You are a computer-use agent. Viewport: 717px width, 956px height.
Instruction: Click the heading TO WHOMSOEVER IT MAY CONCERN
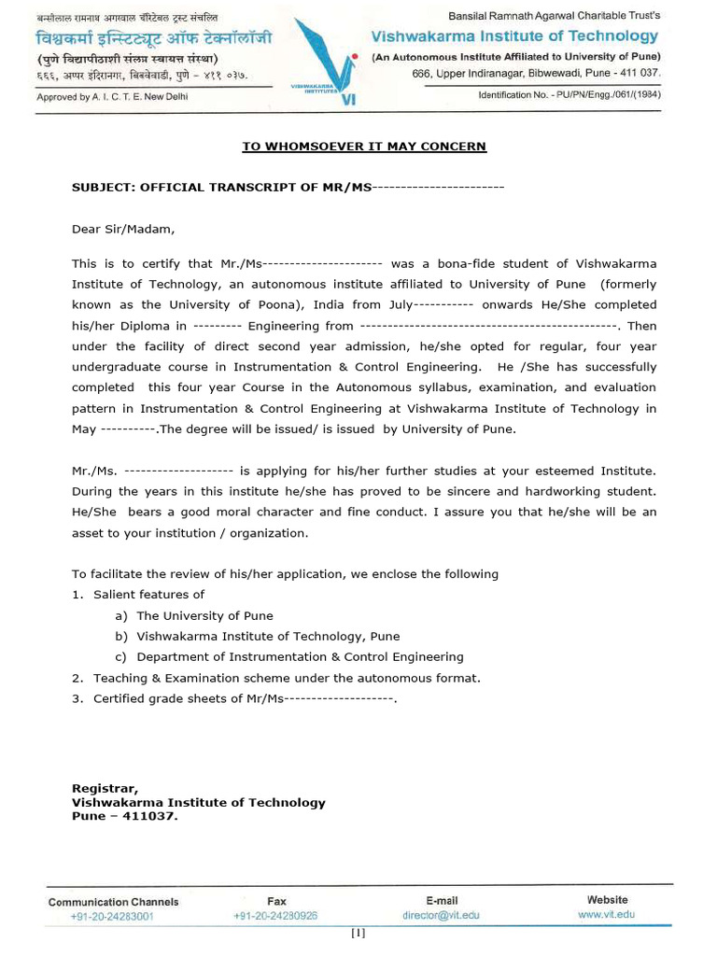(x=364, y=147)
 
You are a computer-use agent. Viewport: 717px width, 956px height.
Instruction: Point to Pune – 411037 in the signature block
(x=124, y=815)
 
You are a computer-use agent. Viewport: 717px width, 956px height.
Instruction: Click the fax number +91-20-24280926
(x=275, y=916)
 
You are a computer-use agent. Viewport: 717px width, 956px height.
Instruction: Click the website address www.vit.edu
(x=606, y=915)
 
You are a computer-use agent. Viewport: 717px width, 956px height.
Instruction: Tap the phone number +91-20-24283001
(x=112, y=916)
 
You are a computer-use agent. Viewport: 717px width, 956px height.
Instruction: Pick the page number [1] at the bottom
(x=358, y=933)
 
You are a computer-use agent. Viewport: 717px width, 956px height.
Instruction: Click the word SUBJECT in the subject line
(x=104, y=187)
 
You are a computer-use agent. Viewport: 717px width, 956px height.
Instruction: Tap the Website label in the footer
(x=607, y=900)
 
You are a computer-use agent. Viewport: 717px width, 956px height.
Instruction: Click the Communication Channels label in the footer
(x=113, y=902)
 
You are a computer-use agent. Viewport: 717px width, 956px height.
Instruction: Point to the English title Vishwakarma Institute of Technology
(x=514, y=36)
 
